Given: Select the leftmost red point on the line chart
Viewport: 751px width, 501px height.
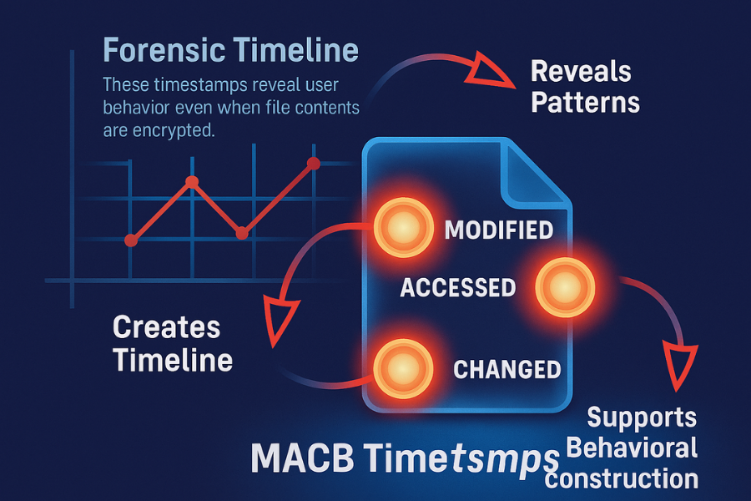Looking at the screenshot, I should click(x=130, y=240).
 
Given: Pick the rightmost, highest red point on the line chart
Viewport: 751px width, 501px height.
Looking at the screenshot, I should click(x=314, y=163).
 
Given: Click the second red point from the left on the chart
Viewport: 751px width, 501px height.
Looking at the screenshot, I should click(x=191, y=182).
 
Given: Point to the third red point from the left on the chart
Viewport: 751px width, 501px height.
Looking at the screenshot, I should click(x=242, y=234).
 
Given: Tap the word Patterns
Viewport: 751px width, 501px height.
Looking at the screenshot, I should click(x=585, y=103).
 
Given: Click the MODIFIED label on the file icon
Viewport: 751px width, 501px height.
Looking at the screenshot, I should click(x=498, y=230).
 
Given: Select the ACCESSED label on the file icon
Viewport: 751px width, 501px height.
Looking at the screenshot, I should click(x=457, y=288).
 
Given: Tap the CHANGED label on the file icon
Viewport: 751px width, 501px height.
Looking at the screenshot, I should click(x=506, y=368).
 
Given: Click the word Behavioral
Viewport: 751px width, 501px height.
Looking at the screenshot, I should click(x=633, y=448).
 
